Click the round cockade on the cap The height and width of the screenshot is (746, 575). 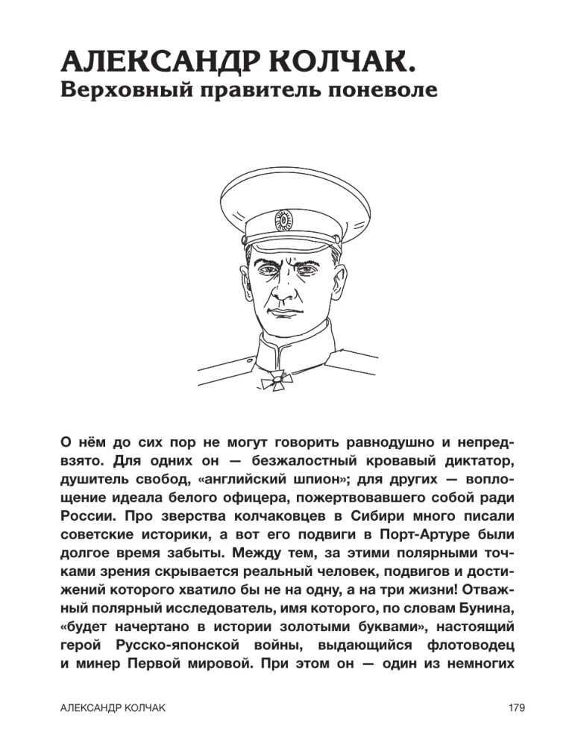pos(283,220)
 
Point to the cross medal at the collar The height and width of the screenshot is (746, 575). pos(274,381)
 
